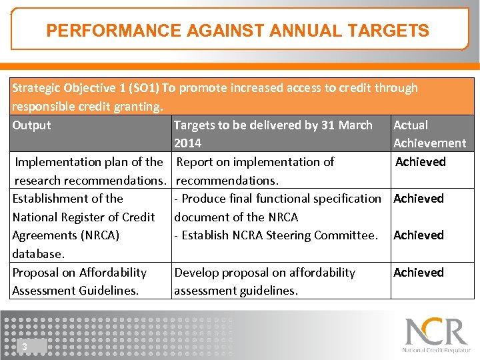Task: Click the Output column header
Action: point(31,125)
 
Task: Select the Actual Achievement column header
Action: point(429,134)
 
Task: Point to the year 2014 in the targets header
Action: point(187,143)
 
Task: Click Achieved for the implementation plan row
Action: point(420,161)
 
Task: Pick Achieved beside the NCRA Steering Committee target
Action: point(418,235)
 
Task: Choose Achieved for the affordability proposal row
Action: point(418,272)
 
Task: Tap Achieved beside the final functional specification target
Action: point(418,198)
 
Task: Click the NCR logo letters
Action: point(436,331)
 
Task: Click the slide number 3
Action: point(24,346)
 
